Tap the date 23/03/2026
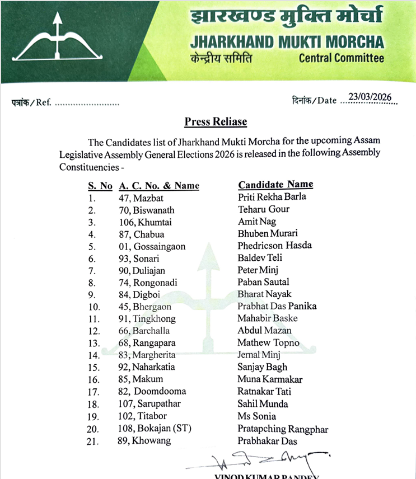pos(370,98)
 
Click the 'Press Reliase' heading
pos(216,121)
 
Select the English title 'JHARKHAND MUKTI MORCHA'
pos(287,41)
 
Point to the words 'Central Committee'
pos(342,58)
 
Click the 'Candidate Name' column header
pos(275,185)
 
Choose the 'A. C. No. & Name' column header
pos(159,186)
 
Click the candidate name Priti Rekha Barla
pos(272,197)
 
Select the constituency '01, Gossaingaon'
pos(152,246)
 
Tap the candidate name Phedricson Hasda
pos(274,246)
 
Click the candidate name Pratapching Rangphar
pos(282,430)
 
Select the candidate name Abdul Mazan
pos(264,331)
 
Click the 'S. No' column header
pos(100,186)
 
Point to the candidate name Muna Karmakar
pos(270,379)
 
